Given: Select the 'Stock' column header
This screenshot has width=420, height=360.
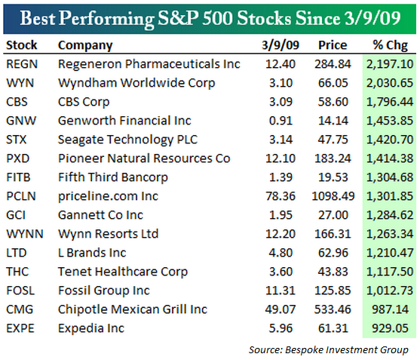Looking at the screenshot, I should coord(21,45).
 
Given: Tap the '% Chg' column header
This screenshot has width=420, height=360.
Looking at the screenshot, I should coord(390,45).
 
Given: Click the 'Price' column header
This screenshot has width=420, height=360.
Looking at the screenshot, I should coord(333,45).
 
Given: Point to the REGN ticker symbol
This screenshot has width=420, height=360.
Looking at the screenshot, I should coord(20,63).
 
